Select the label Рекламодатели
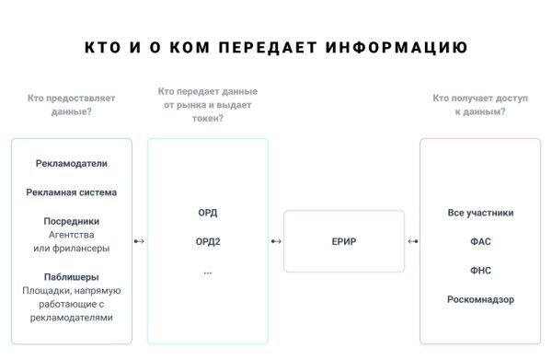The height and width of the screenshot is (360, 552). [72, 163]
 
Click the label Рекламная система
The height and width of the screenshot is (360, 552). [72, 192]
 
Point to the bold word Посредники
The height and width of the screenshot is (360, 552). [72, 221]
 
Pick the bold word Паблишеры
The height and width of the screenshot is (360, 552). [72, 277]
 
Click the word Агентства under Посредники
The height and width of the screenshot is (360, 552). [72, 234]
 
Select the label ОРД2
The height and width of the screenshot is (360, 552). [208, 242]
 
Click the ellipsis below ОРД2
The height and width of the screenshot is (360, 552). [208, 272]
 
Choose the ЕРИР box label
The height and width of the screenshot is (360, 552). [343, 242]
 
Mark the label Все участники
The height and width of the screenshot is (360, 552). [480, 213]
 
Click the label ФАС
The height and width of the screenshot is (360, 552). [480, 242]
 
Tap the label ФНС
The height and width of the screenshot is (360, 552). [480, 271]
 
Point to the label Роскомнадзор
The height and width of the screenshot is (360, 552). [480, 299]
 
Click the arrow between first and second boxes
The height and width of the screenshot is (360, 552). [139, 242]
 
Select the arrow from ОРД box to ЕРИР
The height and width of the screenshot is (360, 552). [276, 242]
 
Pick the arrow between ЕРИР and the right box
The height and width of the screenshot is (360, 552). [412, 242]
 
